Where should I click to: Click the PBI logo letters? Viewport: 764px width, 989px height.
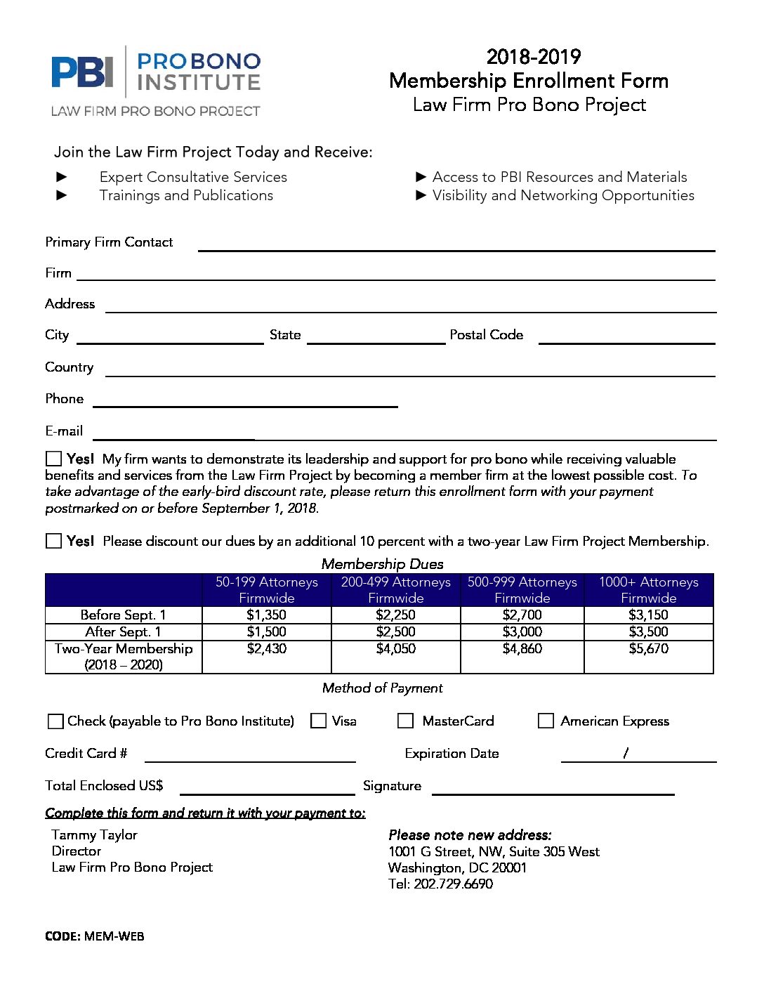coord(82,72)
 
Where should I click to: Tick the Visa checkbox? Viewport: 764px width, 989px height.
coord(319,721)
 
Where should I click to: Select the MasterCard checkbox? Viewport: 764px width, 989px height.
coord(405,721)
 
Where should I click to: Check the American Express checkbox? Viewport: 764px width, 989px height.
coord(546,721)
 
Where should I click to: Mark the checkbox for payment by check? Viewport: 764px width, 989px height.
coord(55,721)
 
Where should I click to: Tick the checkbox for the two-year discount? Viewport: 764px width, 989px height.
coord(53,541)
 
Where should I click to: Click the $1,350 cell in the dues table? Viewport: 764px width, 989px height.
coord(266,615)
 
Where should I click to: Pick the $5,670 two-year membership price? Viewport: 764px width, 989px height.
coord(648,648)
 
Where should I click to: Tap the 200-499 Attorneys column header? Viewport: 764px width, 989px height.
coord(396,589)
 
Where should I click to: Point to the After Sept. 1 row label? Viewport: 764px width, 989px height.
coord(123,631)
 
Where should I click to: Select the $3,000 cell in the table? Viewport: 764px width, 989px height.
coord(522,631)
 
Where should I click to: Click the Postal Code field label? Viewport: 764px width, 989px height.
coord(486,335)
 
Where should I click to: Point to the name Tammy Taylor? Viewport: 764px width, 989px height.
coord(94,834)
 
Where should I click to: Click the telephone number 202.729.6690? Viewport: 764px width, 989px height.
coord(453,884)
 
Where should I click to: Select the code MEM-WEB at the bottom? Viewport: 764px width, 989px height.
coord(114,936)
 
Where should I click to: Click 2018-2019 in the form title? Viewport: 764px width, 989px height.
coord(533,57)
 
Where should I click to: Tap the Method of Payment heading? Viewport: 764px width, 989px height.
coord(382,688)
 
